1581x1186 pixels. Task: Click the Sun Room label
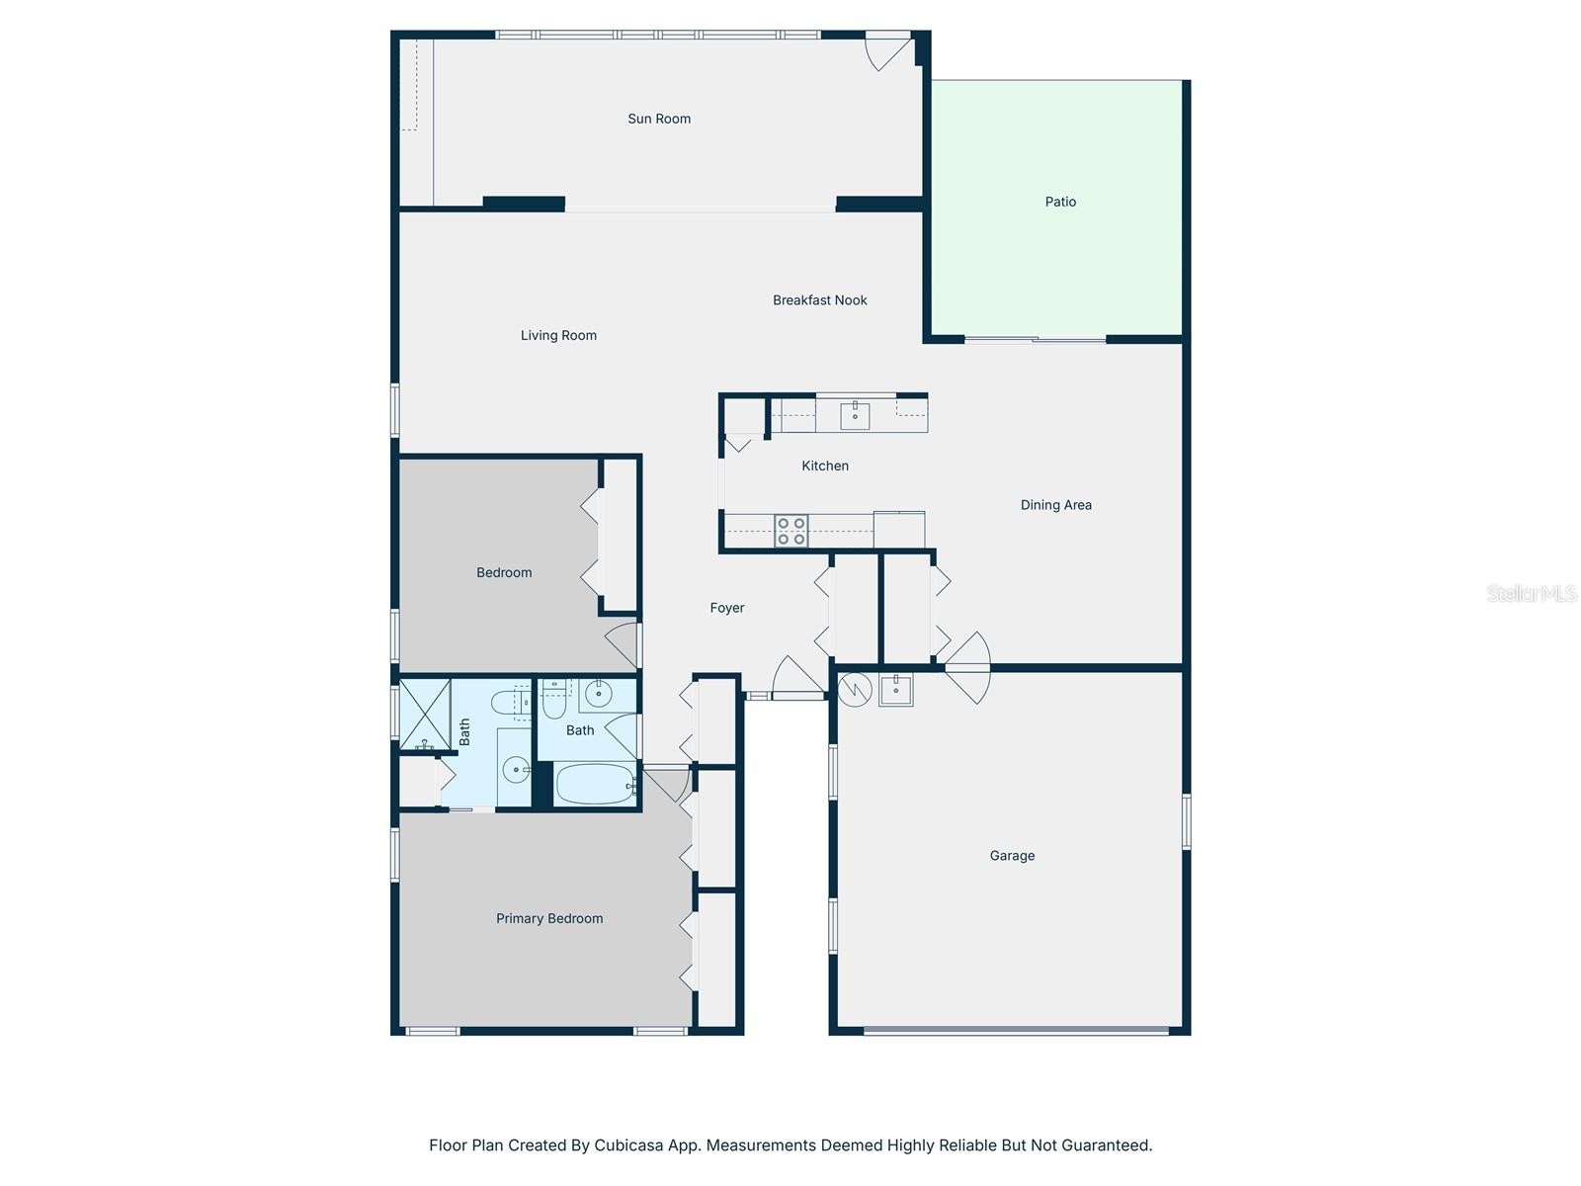(658, 119)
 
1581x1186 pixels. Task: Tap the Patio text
(1059, 202)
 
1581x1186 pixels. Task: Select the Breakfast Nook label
(819, 300)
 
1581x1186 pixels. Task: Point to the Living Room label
(558, 336)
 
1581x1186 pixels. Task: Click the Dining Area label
(1055, 505)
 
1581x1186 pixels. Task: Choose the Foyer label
(726, 608)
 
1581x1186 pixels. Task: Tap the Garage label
(1011, 856)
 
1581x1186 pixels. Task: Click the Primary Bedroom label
(548, 918)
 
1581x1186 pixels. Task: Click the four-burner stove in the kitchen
(790, 530)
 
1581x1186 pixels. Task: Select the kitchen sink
(855, 415)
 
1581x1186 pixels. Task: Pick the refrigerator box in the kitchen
(899, 530)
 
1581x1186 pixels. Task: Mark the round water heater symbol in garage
(855, 690)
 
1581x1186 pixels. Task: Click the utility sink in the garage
(895, 690)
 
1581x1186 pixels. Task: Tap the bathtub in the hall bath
(595, 784)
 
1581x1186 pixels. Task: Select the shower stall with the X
(425, 713)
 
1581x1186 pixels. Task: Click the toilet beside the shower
(510, 701)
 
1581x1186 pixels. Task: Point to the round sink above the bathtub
(598, 694)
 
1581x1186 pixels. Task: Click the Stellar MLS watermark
(1532, 593)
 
